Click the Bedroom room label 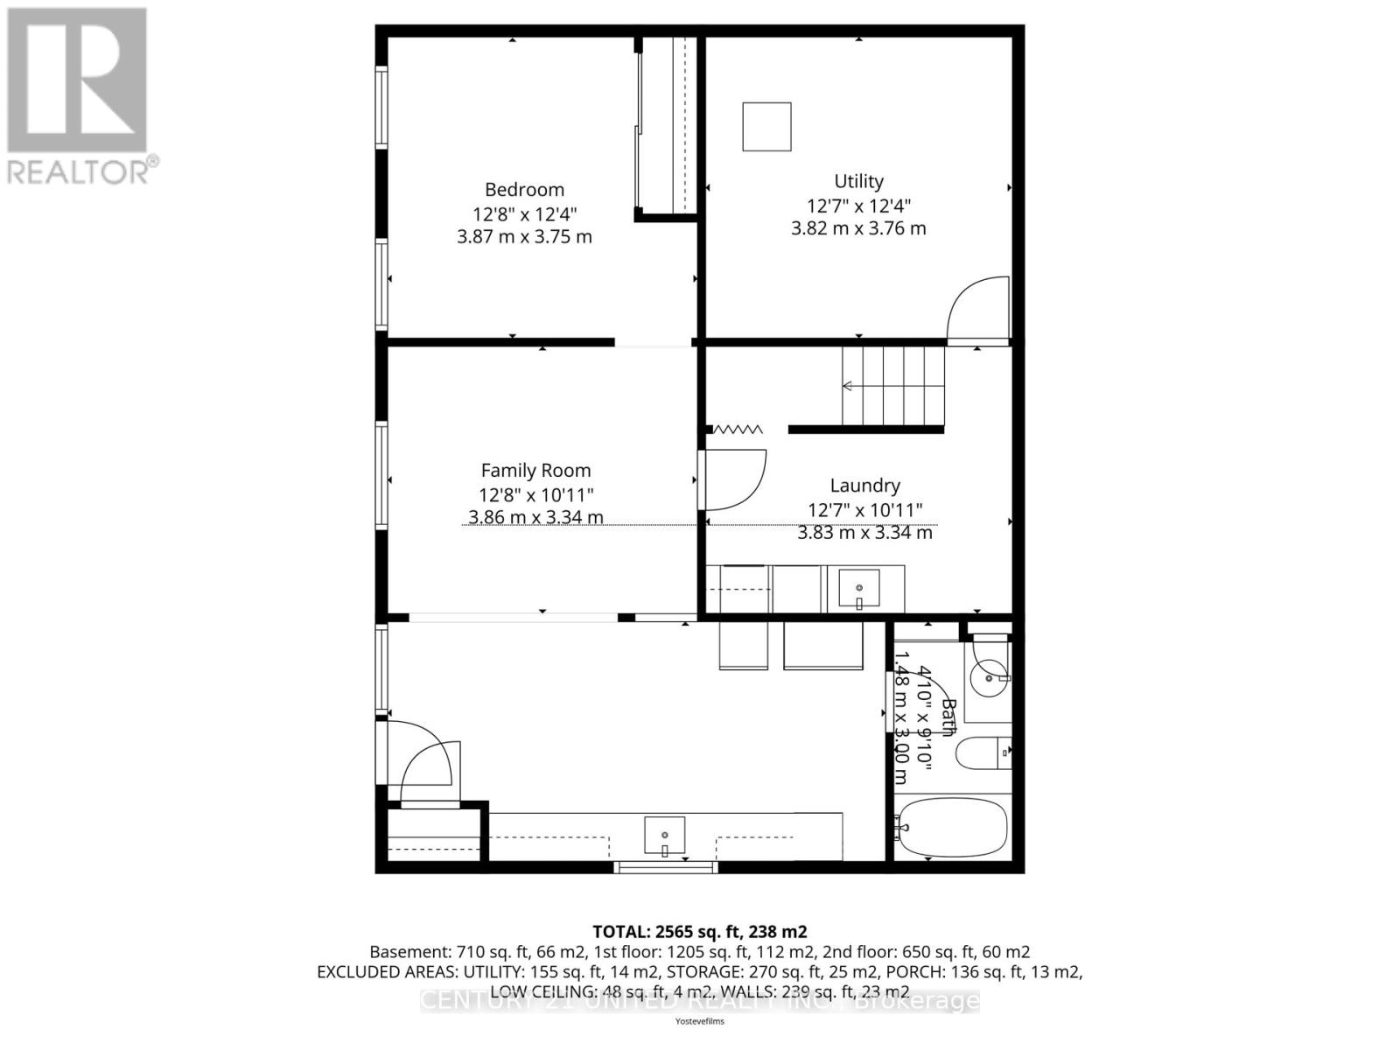click(x=524, y=190)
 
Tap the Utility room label click(x=858, y=181)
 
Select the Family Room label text click(x=535, y=471)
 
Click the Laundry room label click(x=864, y=486)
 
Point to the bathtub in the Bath click(x=954, y=827)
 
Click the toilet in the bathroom click(x=981, y=753)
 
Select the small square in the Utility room click(x=766, y=127)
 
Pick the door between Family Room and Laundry click(x=733, y=479)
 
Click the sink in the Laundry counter click(x=859, y=589)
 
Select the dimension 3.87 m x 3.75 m click(x=524, y=237)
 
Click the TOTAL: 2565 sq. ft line click(x=699, y=932)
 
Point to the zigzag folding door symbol click(x=738, y=430)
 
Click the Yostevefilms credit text click(x=699, y=1021)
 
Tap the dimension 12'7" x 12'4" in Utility click(x=858, y=206)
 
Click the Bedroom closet click(x=667, y=127)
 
